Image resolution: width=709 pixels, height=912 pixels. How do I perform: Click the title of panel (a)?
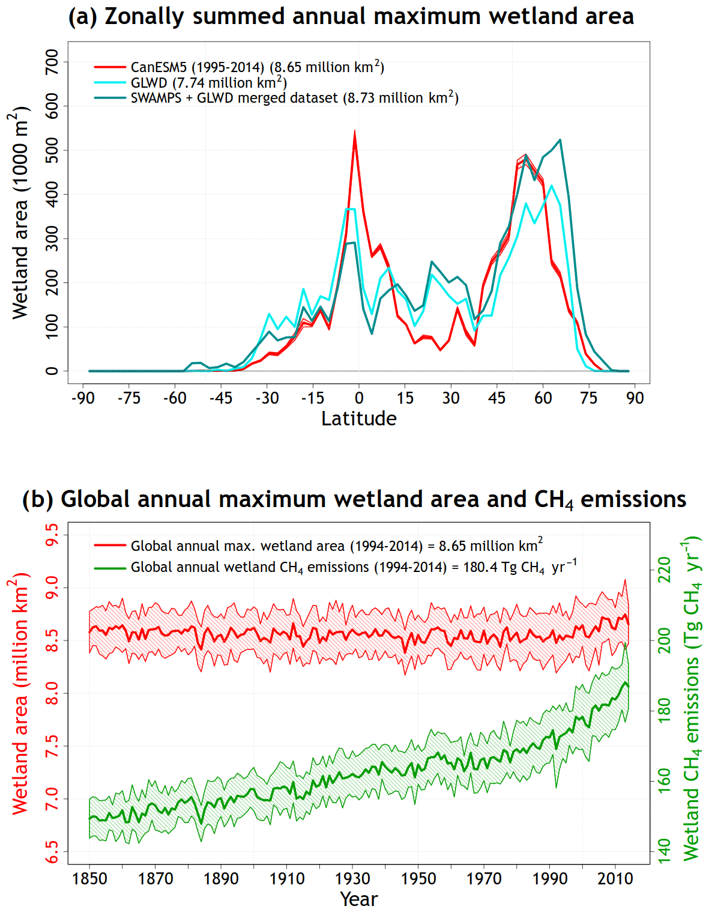[351, 16]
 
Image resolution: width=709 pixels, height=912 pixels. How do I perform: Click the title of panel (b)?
[354, 499]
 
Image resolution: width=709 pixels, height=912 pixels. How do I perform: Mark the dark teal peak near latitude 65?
[560, 140]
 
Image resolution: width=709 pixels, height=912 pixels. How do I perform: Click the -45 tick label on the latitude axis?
[221, 398]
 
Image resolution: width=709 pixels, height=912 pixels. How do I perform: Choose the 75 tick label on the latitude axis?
[589, 398]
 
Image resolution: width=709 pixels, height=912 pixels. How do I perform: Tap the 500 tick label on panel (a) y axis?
[52, 150]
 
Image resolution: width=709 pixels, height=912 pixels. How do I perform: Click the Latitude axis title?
[359, 419]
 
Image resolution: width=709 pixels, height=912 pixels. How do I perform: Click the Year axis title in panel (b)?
[359, 899]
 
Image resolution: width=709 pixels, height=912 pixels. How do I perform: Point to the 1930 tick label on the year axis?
[352, 879]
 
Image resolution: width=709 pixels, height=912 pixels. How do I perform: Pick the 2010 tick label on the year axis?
[615, 879]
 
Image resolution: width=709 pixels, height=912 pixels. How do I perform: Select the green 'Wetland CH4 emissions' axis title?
[692, 697]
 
